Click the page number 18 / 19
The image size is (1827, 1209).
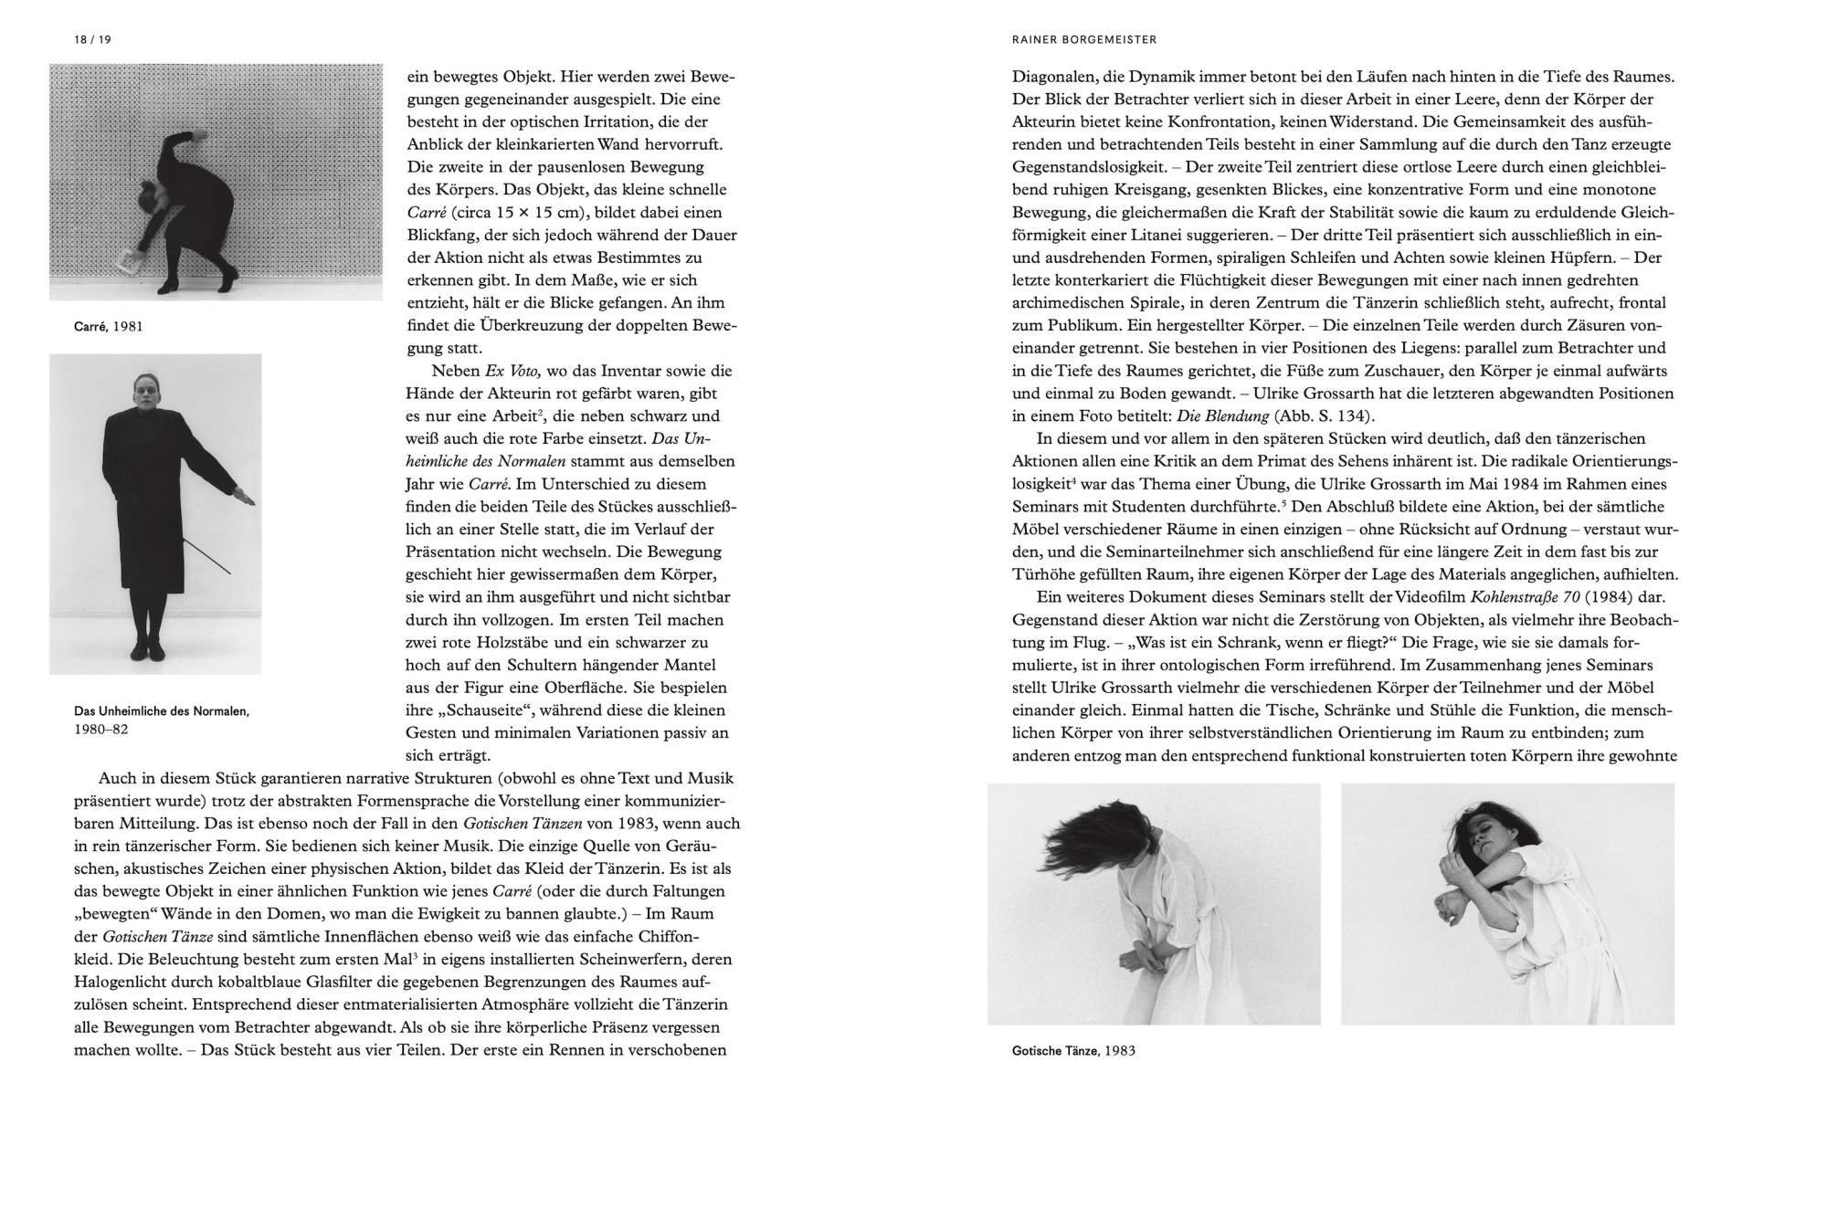pyautogui.click(x=92, y=39)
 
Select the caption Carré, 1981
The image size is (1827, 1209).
pyautogui.click(x=109, y=326)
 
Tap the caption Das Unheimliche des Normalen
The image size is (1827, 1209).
pyautogui.click(x=161, y=710)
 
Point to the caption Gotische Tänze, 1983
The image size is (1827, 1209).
pyautogui.click(x=1073, y=1050)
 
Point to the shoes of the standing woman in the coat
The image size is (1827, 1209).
pyautogui.click(x=150, y=649)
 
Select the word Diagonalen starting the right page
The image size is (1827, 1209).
pyautogui.click(x=1053, y=77)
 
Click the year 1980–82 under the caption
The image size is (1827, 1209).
pyautogui.click(x=100, y=729)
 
